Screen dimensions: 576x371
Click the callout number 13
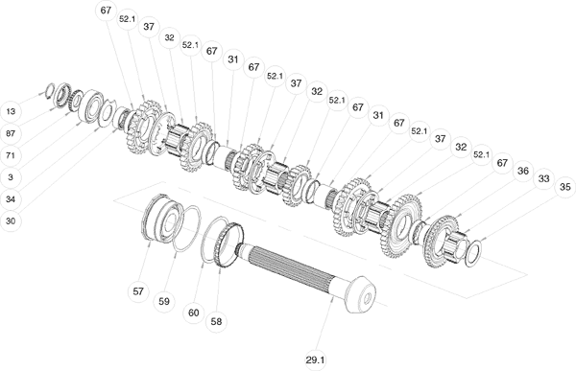tap(11, 111)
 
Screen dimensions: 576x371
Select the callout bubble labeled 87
tap(11, 133)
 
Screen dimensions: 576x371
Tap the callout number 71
tap(11, 155)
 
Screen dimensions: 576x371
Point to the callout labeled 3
tap(11, 177)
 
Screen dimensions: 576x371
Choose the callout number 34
tap(11, 199)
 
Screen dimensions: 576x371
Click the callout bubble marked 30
tap(11, 221)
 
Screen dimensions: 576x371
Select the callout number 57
tap(138, 291)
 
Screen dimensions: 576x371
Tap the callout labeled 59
tap(164, 301)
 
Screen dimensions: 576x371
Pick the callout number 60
tap(194, 313)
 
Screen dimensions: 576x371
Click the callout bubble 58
tap(216, 322)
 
